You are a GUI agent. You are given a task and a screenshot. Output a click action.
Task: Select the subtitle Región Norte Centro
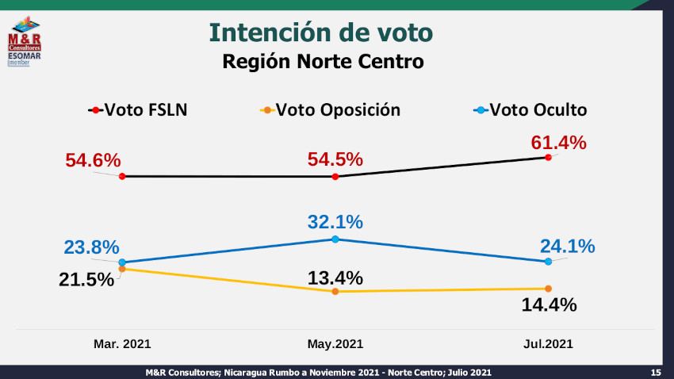click(x=323, y=61)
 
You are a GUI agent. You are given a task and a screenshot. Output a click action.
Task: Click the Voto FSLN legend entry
click(x=138, y=109)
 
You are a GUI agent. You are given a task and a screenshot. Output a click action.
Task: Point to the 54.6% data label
click(x=93, y=160)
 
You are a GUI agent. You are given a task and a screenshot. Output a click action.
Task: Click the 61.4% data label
click(x=558, y=143)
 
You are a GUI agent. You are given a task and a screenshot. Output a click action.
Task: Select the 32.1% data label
click(x=335, y=222)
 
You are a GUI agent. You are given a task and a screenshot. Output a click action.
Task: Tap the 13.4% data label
click(x=335, y=278)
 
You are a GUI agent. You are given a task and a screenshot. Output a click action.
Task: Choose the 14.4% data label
click(x=548, y=304)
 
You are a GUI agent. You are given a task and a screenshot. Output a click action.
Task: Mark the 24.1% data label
click(x=567, y=247)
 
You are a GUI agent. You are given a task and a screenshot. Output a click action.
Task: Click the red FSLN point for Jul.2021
click(x=548, y=157)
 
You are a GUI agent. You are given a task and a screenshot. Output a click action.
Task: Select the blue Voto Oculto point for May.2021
click(x=335, y=239)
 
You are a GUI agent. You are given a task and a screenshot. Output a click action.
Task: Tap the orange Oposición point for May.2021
click(x=335, y=292)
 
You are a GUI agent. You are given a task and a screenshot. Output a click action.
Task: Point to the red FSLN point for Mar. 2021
click(x=122, y=176)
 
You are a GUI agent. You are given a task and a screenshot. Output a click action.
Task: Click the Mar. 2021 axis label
click(x=122, y=345)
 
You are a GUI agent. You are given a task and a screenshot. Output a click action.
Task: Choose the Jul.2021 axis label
click(x=547, y=345)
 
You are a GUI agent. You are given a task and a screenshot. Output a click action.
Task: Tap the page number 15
click(x=656, y=373)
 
